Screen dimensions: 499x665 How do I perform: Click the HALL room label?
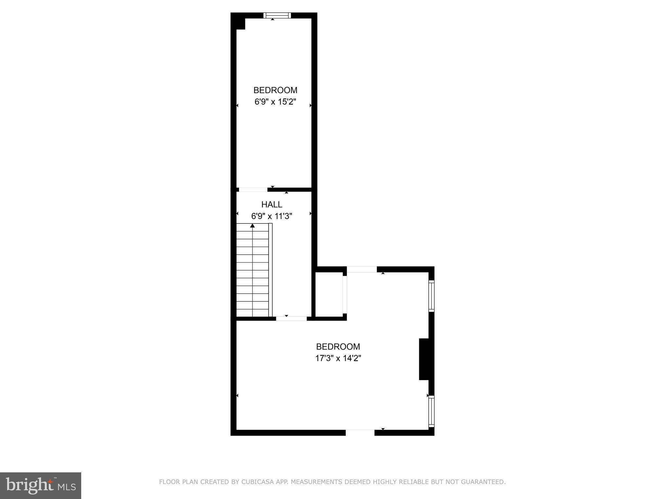click(x=272, y=204)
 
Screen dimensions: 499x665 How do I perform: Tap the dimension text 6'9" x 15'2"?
click(x=275, y=102)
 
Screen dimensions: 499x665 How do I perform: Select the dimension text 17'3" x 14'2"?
click(x=338, y=358)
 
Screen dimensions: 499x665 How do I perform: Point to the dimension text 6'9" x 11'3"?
click(x=272, y=216)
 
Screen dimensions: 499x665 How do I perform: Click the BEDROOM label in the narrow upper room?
click(x=275, y=90)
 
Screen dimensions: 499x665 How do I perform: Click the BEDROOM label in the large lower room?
click(x=338, y=347)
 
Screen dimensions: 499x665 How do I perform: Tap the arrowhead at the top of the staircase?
click(x=253, y=225)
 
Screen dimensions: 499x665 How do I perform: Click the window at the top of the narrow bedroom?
click(x=277, y=15)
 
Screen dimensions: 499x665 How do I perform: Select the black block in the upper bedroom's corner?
click(x=240, y=24)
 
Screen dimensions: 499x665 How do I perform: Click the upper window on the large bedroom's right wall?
click(x=431, y=296)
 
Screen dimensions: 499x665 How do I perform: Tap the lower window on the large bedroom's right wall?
click(x=431, y=411)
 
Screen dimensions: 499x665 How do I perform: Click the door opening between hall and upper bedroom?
click(x=253, y=190)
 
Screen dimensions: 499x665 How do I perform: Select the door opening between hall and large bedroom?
click(x=291, y=319)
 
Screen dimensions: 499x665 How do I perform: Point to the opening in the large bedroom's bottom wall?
click(x=360, y=432)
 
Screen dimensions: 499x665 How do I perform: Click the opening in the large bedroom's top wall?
click(x=362, y=269)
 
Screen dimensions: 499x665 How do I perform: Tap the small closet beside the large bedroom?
click(x=329, y=294)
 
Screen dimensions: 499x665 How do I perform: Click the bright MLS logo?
click(x=41, y=486)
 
